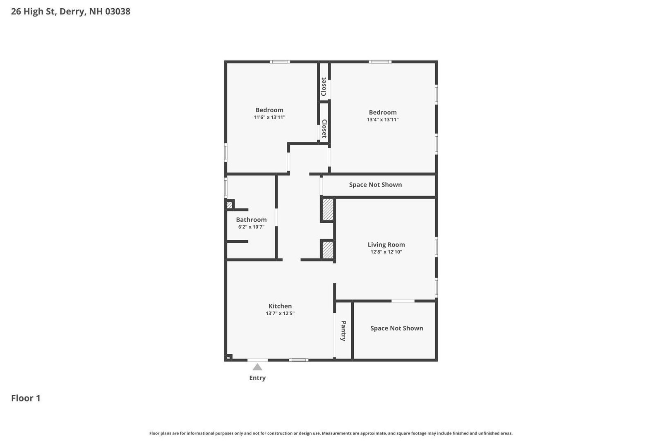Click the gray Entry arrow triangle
[257, 367]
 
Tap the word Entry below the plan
[257, 378]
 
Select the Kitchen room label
[280, 306]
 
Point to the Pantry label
[343, 331]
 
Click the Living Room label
[386, 244]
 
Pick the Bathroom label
[251, 220]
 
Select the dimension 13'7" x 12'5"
[280, 314]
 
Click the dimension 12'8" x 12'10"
[386, 252]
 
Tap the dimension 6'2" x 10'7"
[251, 227]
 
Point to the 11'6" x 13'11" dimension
[269, 117]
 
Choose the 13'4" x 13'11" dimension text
[383, 120]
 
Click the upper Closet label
[324, 87]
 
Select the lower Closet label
[324, 128]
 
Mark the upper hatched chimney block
[328, 210]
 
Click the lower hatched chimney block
[328, 250]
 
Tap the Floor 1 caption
[26, 398]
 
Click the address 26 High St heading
[70, 11]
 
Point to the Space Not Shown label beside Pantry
[396, 328]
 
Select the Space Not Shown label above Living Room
[375, 185]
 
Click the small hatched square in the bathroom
[229, 205]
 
